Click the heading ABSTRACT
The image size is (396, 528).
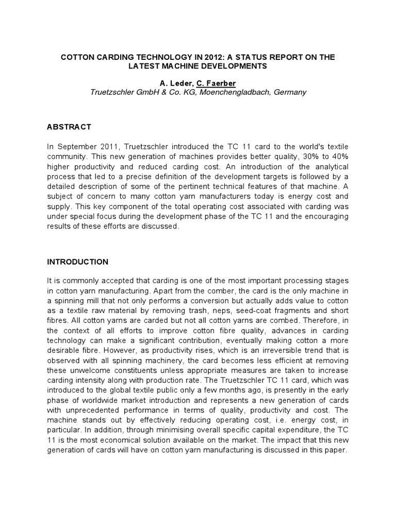69,127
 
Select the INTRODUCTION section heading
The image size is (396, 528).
78,262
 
